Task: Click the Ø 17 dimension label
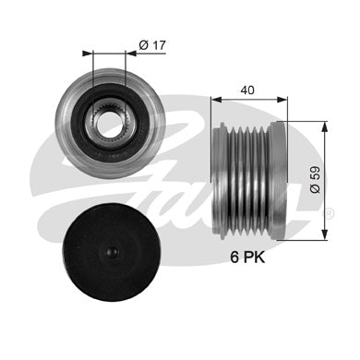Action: pos(152,45)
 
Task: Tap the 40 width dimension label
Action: pos(247,90)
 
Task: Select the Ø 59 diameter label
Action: pos(315,179)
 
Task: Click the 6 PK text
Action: pos(247,258)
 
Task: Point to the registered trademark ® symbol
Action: pos(329,214)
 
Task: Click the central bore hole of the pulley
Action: pos(108,124)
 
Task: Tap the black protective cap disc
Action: pos(111,252)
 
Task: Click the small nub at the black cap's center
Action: pos(112,252)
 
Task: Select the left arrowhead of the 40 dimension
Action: pos(216,100)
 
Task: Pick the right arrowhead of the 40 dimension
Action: pos(282,100)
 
